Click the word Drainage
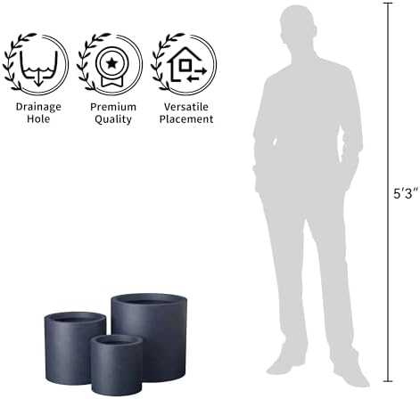click(x=38, y=107)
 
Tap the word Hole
click(x=38, y=118)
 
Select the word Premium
click(x=113, y=107)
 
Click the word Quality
click(x=113, y=119)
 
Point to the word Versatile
click(x=186, y=107)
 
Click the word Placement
click(x=186, y=118)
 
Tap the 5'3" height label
click(x=406, y=193)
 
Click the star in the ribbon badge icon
click(x=112, y=63)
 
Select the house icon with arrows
click(x=186, y=64)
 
